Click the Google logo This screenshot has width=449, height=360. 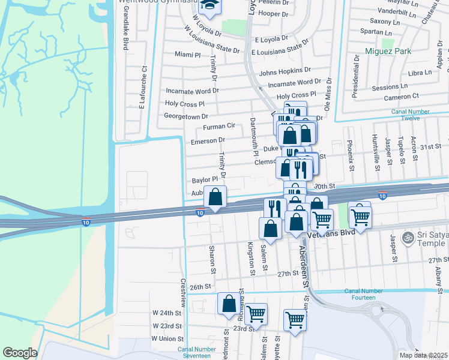[20, 353]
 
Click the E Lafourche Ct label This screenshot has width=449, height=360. [143, 88]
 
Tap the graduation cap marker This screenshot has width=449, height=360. [210, 6]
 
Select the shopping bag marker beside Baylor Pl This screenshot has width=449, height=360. [215, 197]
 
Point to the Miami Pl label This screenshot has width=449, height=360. [188, 55]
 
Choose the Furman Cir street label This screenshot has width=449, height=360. [218, 127]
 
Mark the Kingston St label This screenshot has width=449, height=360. [251, 258]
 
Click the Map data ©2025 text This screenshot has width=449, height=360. [424, 355]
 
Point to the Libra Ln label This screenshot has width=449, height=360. [420, 73]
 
